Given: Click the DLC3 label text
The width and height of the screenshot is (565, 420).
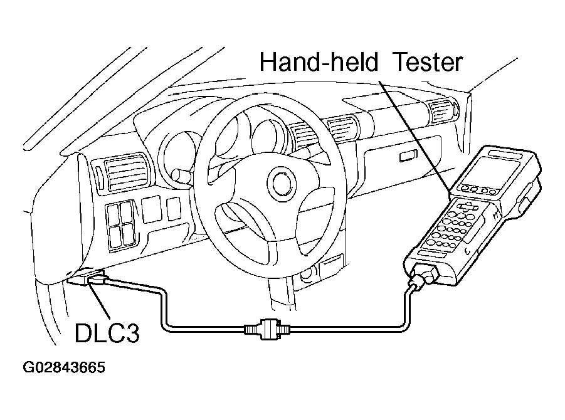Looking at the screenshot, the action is click(x=107, y=333).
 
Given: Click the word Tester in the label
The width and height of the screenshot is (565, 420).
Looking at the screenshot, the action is click(x=429, y=62).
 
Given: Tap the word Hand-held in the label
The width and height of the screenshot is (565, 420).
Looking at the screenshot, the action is click(x=319, y=62).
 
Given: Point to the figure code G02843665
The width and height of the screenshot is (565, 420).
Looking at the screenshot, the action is click(x=64, y=368).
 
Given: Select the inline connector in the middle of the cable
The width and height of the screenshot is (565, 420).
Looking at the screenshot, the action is click(x=267, y=328).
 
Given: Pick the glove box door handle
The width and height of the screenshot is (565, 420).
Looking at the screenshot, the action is click(x=407, y=156).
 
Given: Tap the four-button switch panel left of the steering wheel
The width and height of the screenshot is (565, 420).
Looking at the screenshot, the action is click(x=120, y=224).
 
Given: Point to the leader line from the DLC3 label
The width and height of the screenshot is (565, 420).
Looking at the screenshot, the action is click(x=100, y=303).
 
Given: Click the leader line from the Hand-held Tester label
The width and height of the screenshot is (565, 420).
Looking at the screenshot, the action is click(x=415, y=136).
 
